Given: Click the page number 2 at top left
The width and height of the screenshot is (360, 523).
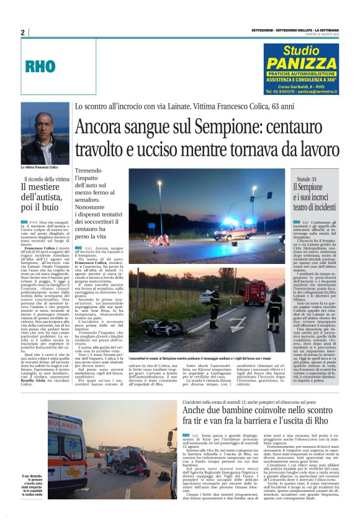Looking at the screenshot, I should click(22, 32).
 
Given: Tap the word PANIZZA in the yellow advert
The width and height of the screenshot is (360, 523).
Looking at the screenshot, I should click(300, 63).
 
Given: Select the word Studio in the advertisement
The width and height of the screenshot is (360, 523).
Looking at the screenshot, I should click(301, 50).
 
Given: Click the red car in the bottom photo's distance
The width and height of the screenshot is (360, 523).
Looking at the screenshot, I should click(98, 455).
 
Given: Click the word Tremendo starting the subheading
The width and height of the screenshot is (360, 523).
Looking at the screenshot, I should click(91, 171).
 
